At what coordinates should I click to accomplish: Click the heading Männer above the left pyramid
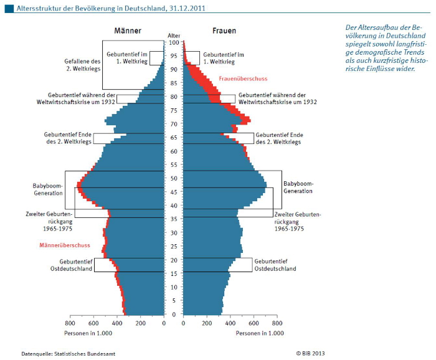coord(127,31)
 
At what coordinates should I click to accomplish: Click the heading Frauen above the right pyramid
coord(222,31)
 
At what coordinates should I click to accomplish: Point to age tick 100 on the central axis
coord(174,42)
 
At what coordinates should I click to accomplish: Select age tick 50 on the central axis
coord(174,178)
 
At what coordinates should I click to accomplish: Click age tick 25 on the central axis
coord(174,246)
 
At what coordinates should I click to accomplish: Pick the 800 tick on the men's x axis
coord(70,323)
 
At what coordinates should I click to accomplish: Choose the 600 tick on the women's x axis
coord(254,323)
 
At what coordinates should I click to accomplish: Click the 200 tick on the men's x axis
coord(141,323)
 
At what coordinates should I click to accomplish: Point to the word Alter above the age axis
coord(174,36)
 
